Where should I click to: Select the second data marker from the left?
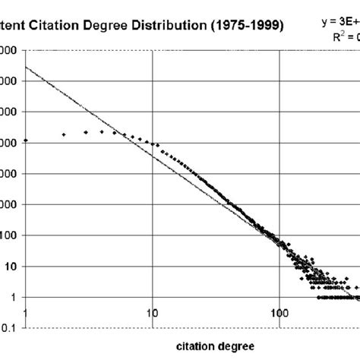pyautogui.click(x=64, y=134)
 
